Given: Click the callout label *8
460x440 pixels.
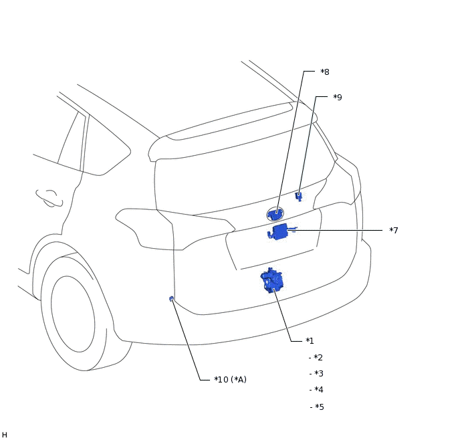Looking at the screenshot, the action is (325, 72).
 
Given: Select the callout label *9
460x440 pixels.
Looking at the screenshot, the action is (338, 97).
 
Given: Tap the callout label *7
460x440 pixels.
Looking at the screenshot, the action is (394, 230).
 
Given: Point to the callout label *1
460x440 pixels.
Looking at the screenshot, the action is (310, 340).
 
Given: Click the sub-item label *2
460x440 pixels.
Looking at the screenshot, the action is (316, 357).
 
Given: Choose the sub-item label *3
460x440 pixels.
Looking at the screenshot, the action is (316, 373).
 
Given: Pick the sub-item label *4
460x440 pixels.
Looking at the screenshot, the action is (316, 390).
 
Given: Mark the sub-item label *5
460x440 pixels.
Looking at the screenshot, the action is (317, 407).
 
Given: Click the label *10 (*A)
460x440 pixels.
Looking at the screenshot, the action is (230, 380).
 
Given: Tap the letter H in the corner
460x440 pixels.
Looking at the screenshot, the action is (5, 435).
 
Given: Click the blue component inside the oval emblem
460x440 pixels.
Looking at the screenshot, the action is (275, 214).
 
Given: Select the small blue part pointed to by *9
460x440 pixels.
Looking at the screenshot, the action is (299, 196).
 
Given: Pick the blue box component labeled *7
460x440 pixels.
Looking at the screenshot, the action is (279, 232).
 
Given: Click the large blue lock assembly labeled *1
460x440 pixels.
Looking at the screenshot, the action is (271, 280).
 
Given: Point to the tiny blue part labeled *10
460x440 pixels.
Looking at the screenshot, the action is (172, 299).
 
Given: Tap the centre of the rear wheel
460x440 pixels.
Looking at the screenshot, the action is (73, 314).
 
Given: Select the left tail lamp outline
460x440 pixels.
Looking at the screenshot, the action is (175, 229).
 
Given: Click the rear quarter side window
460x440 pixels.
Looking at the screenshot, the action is (108, 146).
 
